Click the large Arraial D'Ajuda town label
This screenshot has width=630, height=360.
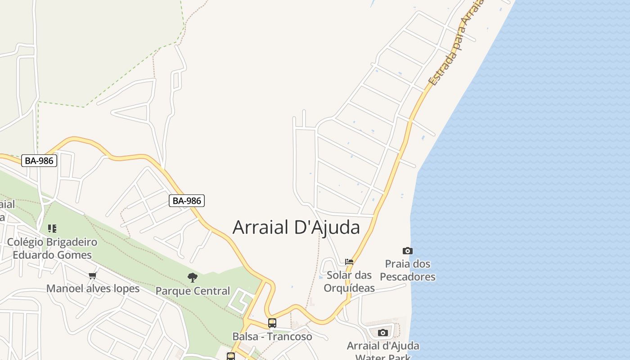[296, 228]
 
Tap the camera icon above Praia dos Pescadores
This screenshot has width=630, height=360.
[407, 251]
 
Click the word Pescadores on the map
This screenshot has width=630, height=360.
[408, 276]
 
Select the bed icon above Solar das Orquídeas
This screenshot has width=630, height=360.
[349, 262]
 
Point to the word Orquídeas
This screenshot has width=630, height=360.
[349, 288]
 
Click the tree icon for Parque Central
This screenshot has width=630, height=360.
[193, 278]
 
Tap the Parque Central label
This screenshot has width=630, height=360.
[193, 291]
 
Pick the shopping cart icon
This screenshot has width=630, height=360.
[93, 275]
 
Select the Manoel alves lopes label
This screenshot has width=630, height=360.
[93, 288]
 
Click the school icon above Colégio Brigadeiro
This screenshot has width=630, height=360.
[52, 229]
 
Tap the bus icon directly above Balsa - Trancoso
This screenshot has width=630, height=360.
[272, 323]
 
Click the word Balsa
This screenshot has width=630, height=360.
[245, 337]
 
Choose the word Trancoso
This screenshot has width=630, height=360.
[289, 337]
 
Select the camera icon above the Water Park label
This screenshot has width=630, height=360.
[383, 333]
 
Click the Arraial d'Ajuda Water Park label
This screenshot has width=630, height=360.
[383, 346]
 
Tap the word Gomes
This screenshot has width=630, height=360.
[74, 255]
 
